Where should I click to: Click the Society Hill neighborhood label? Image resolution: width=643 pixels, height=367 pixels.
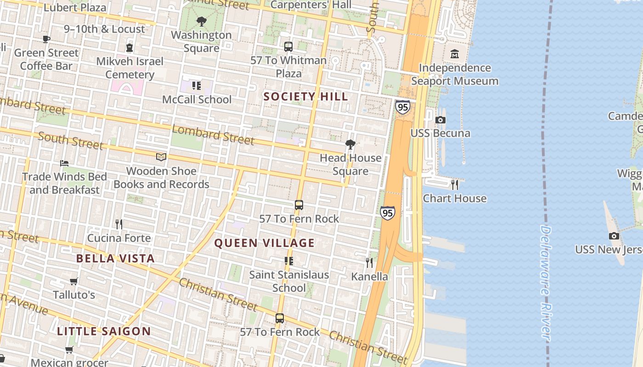point(305,96)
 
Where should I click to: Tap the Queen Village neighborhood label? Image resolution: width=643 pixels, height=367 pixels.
point(265,243)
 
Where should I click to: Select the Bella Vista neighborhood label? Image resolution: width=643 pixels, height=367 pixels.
point(115,258)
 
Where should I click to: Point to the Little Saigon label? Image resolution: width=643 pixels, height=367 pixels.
point(104,331)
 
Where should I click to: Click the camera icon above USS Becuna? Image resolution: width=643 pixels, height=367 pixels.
point(440,120)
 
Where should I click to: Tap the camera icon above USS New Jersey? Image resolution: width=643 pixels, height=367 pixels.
point(614,236)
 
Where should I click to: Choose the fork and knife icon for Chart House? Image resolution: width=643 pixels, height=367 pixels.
point(455,185)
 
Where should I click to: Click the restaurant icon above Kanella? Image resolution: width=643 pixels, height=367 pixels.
point(369,263)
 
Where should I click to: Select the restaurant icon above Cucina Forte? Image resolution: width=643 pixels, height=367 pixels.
point(119,224)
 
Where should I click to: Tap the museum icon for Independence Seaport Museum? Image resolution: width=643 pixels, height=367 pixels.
point(455,54)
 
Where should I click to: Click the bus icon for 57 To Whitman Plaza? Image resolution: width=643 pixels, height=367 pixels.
point(288,47)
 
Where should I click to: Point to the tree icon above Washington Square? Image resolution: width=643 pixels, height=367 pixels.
point(201,21)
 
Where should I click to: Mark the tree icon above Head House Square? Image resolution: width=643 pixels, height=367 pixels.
point(350,145)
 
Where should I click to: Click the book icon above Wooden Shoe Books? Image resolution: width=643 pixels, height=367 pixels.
point(161,157)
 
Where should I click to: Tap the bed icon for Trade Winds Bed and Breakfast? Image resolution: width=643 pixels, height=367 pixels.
point(64,163)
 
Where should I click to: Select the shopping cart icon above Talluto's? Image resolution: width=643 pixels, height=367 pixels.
point(73,281)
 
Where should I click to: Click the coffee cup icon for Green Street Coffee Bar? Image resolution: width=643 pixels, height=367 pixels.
point(46,39)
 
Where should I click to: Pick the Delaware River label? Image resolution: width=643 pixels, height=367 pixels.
point(545,282)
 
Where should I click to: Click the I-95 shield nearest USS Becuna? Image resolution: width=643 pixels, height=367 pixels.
point(402,107)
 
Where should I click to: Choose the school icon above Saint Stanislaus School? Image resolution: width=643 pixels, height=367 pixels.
point(289,261)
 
